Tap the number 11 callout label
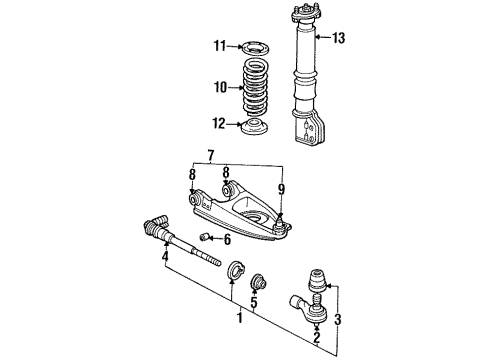220,46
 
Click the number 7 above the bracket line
209,155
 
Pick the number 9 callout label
283,187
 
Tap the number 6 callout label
227,240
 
